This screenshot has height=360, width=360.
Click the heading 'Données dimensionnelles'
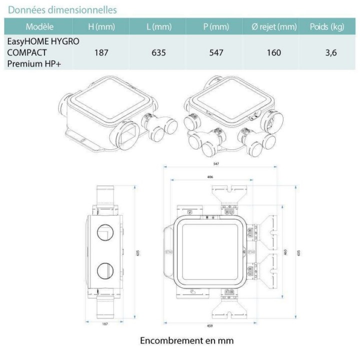(62, 9)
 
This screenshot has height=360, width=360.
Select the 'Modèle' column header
(39, 27)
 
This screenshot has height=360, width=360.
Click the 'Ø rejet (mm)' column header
(273, 27)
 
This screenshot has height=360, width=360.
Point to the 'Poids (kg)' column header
(326, 27)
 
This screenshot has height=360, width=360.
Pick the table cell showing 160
(273, 52)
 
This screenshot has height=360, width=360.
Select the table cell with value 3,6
(330, 52)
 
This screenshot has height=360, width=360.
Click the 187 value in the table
(102, 52)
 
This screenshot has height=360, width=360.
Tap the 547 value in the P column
(216, 52)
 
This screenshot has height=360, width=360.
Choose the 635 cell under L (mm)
(158, 52)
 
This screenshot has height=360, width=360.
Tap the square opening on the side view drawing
(106, 233)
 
